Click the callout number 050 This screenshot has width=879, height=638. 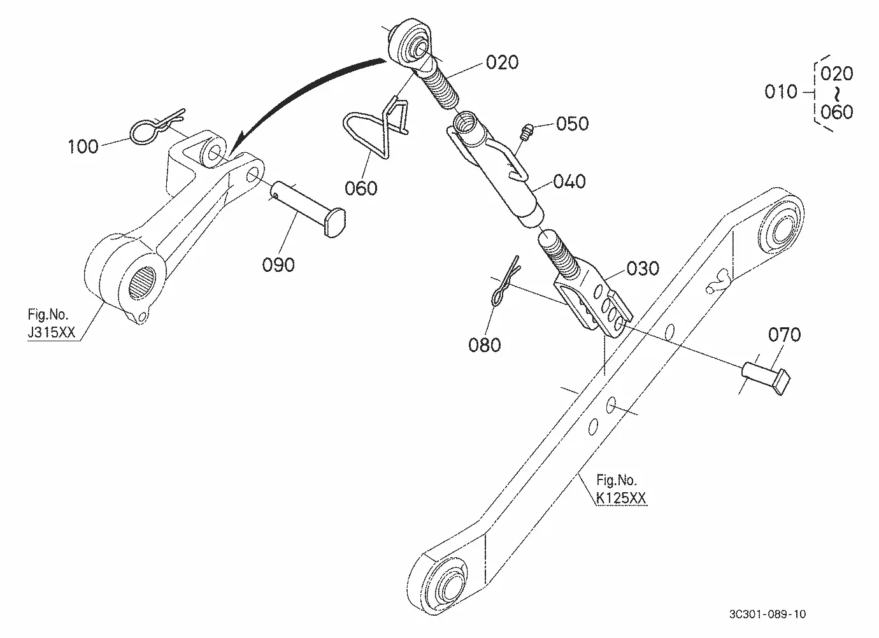click(x=573, y=124)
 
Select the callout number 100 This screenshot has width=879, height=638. click(x=83, y=146)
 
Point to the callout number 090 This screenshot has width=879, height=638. click(x=278, y=265)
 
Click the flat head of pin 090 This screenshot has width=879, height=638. click(x=335, y=222)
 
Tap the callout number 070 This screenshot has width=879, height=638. click(x=785, y=335)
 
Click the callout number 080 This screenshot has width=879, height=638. click(x=484, y=345)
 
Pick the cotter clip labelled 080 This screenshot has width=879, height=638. click(x=505, y=281)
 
